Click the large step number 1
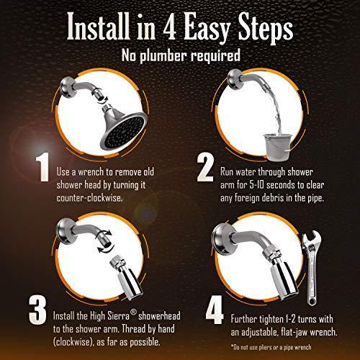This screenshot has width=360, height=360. pos(42,168)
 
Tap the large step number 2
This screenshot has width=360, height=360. pos(205,168)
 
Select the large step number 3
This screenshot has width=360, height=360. pos(37,310)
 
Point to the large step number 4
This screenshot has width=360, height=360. pos(215,310)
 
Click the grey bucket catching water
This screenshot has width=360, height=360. pos(278,146)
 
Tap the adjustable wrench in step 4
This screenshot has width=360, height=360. pos(311,268)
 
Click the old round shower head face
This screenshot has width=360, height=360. pos(125,131)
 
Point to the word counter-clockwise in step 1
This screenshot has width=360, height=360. pos(89,198)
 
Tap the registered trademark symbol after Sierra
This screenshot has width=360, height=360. pos(134,312)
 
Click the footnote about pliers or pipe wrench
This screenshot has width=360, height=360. pos(271,347)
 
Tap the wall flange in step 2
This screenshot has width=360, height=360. pos(233,79)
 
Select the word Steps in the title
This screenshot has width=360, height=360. pos(266,28)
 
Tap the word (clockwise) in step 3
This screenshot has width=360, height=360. pos(73,341)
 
